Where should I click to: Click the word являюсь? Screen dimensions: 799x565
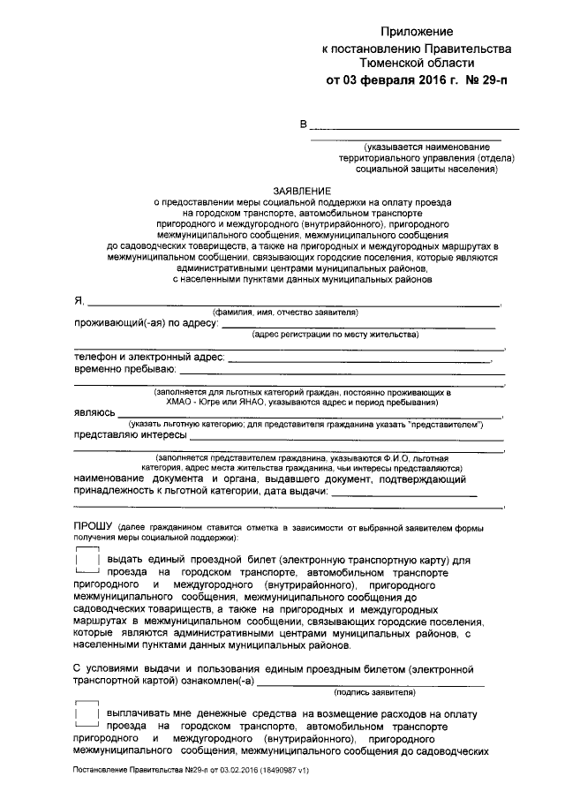(x=94, y=412)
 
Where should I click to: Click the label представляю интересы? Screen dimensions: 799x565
(x=130, y=435)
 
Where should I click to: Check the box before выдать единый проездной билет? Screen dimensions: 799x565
(x=87, y=561)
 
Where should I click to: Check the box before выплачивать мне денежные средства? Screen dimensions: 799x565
(x=87, y=713)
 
